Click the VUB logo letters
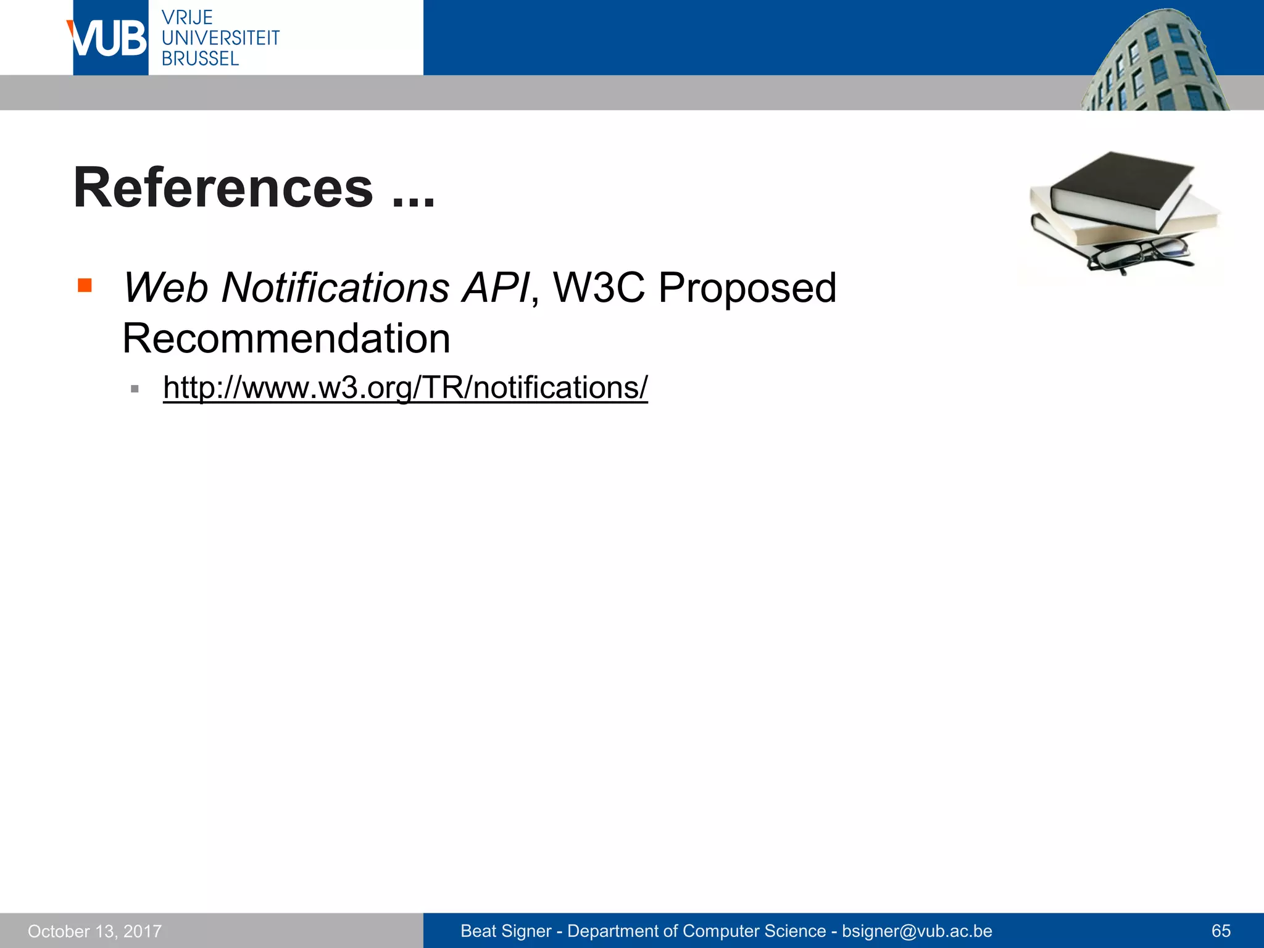[109, 38]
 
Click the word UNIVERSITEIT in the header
[220, 38]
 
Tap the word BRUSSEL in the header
[200, 59]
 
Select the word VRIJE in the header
[187, 17]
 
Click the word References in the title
[223, 188]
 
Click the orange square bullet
[85, 285]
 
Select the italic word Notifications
[335, 288]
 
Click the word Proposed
[747, 289]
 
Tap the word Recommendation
[286, 338]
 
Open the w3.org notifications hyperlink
[405, 388]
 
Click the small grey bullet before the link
[135, 389]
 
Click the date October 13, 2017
[94, 931]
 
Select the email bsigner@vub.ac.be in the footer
[917, 931]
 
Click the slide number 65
[1221, 931]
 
